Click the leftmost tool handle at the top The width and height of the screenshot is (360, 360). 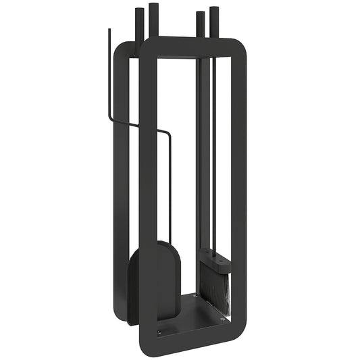point(139,24)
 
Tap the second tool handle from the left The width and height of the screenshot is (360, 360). point(153,17)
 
